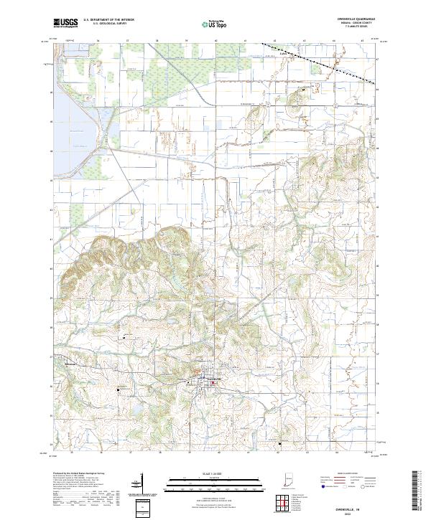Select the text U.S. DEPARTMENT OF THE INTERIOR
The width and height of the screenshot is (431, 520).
[108, 21]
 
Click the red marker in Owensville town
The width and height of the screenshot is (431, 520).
[213, 382]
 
